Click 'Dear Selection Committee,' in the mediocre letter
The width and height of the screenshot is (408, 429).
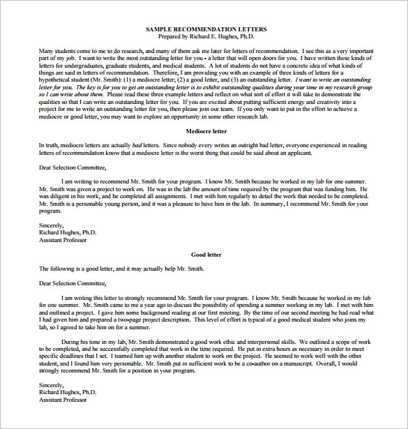click(x=73, y=167)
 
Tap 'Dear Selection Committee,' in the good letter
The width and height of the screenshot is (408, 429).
click(x=73, y=283)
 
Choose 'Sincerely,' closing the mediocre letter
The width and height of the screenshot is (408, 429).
click(x=51, y=225)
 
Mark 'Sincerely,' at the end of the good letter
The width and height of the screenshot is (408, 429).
click(x=51, y=385)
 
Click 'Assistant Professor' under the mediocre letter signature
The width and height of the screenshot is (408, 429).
click(x=63, y=240)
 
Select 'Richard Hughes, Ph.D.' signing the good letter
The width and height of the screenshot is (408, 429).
click(x=68, y=392)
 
